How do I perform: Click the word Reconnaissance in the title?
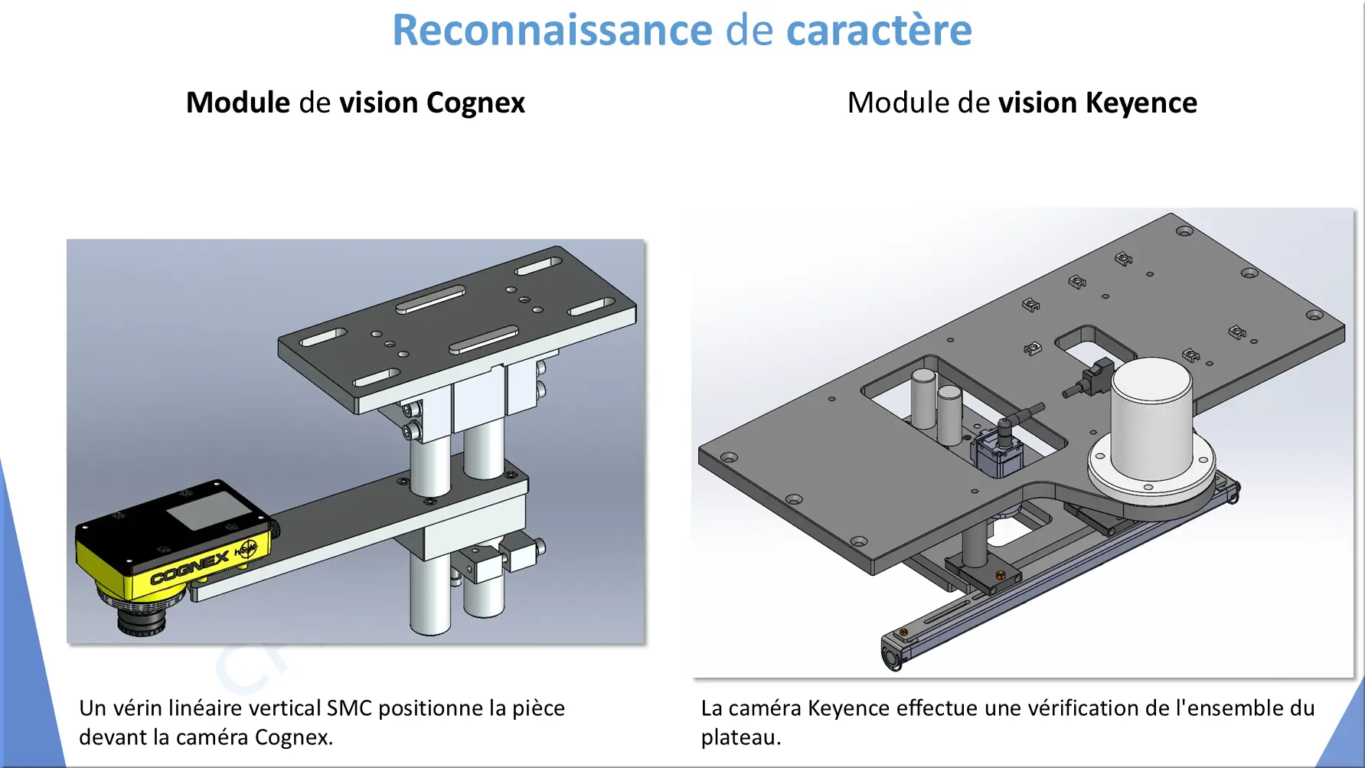(552, 31)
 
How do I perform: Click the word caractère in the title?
(879, 31)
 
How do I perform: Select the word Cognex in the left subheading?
(475, 103)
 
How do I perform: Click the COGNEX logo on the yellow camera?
(189, 567)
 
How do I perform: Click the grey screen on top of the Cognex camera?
(204, 511)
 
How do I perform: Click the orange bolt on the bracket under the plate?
(999, 574)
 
